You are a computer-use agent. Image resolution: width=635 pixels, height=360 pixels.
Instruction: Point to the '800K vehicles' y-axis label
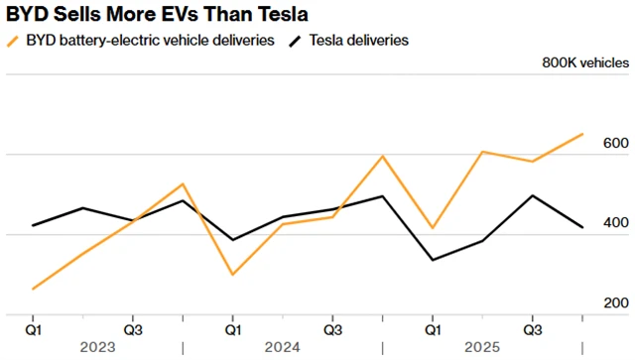584,62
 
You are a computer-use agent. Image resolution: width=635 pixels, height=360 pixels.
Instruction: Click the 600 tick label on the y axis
614,144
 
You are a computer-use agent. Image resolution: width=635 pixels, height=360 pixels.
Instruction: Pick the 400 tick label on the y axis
614,223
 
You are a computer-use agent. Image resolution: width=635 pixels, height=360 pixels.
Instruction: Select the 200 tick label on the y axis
614,302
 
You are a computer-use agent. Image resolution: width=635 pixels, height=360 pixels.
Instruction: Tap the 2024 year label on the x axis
283,347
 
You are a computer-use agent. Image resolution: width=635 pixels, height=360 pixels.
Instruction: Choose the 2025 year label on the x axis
483,347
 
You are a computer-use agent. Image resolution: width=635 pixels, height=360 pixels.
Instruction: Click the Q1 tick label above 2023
33,327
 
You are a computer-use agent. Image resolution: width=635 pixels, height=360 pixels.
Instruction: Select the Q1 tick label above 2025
433,327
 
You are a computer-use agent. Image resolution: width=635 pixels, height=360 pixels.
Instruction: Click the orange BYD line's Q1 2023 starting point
33,289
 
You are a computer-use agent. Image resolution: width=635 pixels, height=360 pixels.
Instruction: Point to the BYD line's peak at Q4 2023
183,184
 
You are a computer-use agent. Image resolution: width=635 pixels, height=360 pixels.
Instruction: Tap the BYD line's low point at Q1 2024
232,274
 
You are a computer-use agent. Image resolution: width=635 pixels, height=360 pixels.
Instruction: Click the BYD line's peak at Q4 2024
382,156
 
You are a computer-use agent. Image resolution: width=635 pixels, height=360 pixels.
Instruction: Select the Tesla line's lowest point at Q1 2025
433,260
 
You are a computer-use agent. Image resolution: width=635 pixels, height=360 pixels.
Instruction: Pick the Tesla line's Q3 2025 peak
533,195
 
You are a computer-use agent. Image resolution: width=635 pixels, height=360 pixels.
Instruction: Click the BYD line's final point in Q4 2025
582,134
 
